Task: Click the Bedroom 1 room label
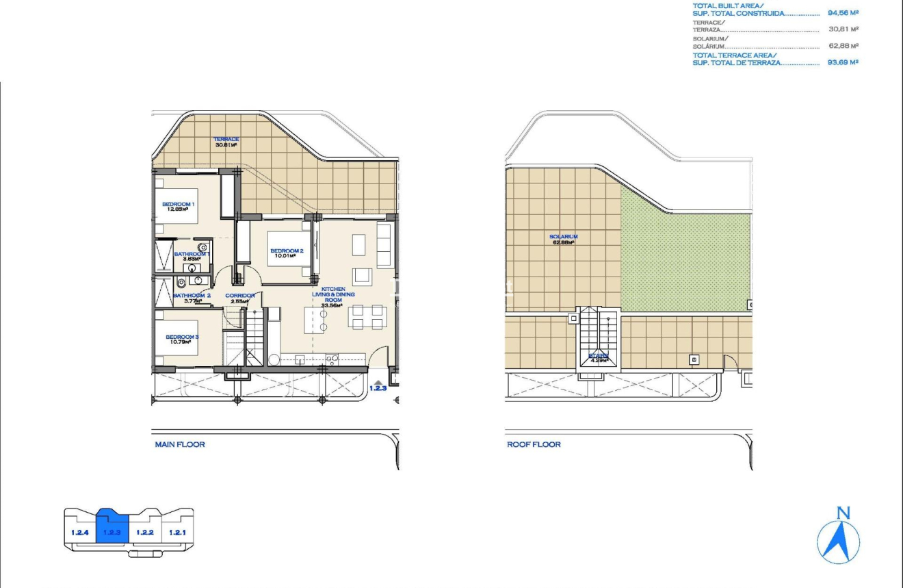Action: [179, 207]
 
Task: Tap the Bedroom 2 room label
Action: [287, 254]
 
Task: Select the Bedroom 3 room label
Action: [182, 340]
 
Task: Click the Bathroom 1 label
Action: [191, 257]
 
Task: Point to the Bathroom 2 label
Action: [192, 298]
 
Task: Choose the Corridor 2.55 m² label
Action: [242, 298]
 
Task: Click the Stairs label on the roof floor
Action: [599, 357]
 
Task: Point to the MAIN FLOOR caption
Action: [180, 444]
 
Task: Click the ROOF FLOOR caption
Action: [534, 444]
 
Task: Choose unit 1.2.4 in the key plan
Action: [79, 532]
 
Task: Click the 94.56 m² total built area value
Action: [843, 13]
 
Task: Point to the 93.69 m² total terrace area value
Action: [843, 62]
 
